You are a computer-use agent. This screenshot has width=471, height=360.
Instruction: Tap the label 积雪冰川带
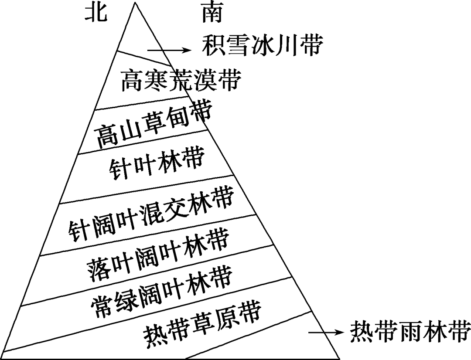click(263, 45)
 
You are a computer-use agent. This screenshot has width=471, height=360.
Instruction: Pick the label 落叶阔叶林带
click(158, 253)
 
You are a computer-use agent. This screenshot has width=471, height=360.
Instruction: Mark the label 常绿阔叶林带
click(161, 289)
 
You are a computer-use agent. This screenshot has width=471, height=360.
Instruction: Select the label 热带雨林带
click(410, 332)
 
